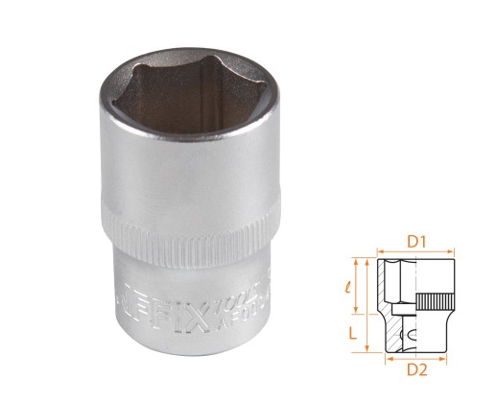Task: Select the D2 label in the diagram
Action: (415, 372)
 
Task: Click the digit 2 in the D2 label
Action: (423, 373)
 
